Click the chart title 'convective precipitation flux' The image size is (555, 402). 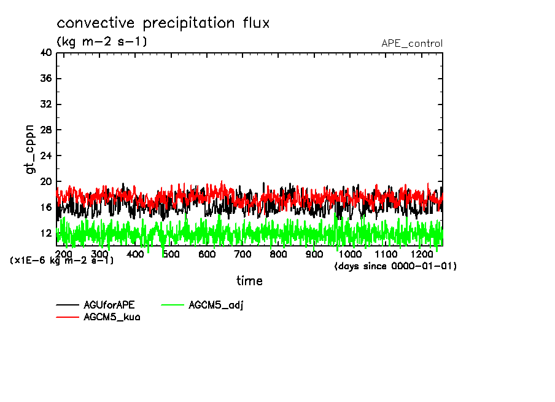pos(163,23)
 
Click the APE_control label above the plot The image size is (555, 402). pos(411,44)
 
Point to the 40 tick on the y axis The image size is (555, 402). pos(45,53)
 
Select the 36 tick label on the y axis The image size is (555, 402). pos(45,79)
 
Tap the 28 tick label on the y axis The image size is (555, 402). pos(45,130)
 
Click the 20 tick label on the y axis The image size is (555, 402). pos(45,182)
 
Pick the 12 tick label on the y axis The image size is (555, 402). pos(45,234)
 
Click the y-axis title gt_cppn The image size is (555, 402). pos(30,149)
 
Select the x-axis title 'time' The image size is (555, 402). pos(249,281)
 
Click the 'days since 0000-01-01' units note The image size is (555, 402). pos(395,266)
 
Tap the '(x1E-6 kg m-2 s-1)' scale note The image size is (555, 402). pos(62,261)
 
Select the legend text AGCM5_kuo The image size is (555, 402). pos(112,317)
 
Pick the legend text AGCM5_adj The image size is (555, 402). pos(217,305)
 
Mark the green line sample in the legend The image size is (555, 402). pos(173,305)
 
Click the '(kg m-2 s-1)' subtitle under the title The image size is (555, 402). pos(102,42)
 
